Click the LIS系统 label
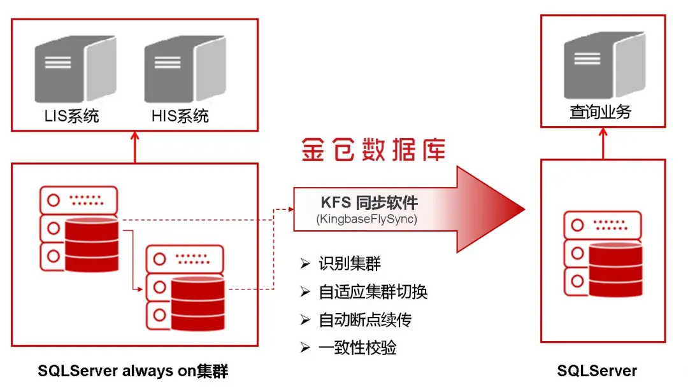tap(71, 116)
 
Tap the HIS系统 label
tap(180, 116)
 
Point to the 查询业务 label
tap(601, 112)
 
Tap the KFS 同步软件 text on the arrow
tap(369, 202)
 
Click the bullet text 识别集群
tap(350, 263)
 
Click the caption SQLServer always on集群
tap(133, 371)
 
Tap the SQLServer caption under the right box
tap(597, 371)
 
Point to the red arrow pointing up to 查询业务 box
tap(603, 143)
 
